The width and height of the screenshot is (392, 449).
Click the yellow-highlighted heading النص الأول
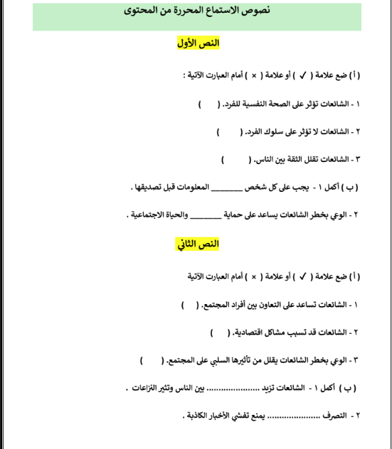(198, 44)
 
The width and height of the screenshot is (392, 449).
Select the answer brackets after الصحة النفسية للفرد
(208, 104)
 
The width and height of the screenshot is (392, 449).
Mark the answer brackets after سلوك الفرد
(228, 132)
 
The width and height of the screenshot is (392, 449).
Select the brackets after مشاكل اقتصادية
(221, 332)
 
